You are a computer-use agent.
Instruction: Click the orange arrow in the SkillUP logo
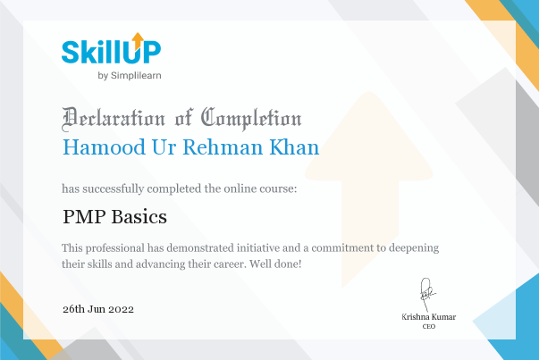pos(138,40)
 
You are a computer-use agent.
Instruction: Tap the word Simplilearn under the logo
pos(136,76)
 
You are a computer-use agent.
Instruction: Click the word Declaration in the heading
pos(114,119)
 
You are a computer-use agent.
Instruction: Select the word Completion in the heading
pos(251,119)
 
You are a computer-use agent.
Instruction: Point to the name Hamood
pos(104,147)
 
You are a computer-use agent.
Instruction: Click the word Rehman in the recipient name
pos(223,147)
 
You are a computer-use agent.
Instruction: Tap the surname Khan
pos(294,147)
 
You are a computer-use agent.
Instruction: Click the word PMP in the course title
pos(84,217)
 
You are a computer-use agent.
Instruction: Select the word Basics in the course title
pos(139,217)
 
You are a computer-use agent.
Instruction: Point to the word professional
pos(115,248)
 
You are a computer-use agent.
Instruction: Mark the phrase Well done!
pos(275,264)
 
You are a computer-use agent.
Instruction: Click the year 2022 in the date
pos(121,309)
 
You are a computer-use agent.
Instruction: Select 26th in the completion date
pos(73,309)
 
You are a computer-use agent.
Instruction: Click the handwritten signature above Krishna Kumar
pos(427,295)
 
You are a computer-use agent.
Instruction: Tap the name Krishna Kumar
pos(429,317)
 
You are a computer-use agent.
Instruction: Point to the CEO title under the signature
pos(429,326)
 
